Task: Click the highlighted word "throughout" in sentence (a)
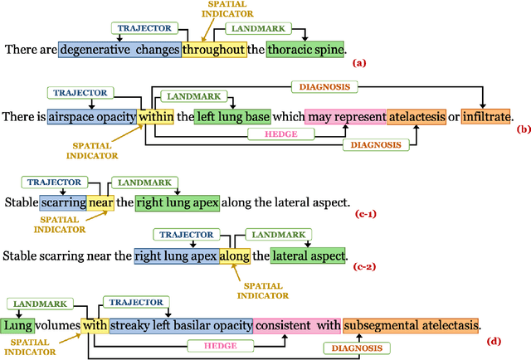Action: pos(214,49)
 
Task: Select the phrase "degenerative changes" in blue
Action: pos(119,49)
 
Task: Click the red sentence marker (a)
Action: pos(358,62)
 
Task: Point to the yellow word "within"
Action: pos(155,118)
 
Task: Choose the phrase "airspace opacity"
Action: pos(91,118)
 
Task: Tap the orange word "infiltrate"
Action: pos(486,118)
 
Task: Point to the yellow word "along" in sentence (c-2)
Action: pos(234,255)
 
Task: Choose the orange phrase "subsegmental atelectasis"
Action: pos(412,324)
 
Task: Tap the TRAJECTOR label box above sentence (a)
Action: pos(145,27)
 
